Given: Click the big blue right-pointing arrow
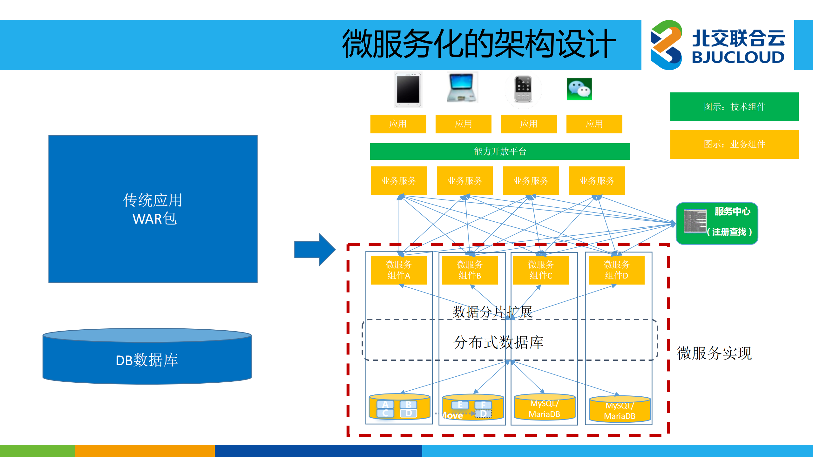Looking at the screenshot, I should click(315, 250).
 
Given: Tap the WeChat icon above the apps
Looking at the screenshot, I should click(579, 89).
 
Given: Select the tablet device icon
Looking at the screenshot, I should click(408, 90).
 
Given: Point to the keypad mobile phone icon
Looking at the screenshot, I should click(523, 89).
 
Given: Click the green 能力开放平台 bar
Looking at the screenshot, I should click(500, 151).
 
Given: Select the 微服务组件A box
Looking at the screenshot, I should click(399, 270).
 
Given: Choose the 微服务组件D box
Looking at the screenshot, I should click(616, 270).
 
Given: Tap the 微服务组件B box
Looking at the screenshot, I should click(470, 270).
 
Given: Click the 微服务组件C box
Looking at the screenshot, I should click(541, 270).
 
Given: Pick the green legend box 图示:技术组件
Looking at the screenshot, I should click(734, 107).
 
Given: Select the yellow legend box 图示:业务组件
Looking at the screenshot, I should click(734, 144).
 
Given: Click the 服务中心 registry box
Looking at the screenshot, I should click(717, 223).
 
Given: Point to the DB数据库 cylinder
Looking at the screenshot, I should click(147, 357).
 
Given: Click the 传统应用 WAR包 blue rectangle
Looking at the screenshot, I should click(153, 209).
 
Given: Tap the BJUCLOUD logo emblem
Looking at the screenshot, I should click(666, 45).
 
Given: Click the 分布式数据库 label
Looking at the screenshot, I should click(498, 342).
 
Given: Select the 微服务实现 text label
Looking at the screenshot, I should click(714, 353).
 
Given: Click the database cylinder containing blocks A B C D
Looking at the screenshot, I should click(399, 408).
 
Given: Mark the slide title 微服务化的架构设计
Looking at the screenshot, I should click(479, 44).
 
